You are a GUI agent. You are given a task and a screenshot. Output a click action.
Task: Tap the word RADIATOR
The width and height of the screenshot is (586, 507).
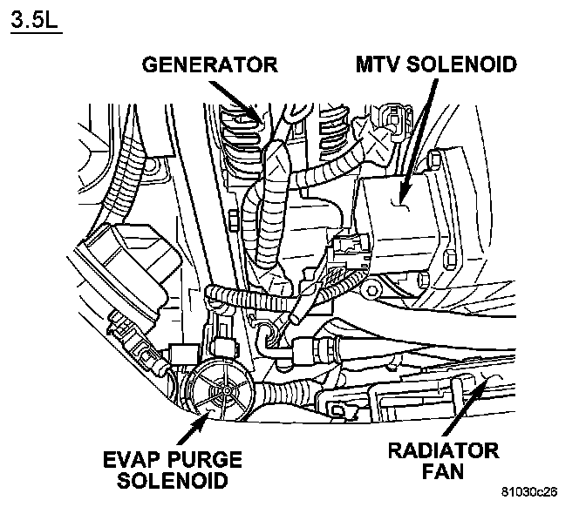(443, 452)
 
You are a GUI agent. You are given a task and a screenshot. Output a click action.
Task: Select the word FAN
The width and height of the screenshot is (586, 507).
(443, 473)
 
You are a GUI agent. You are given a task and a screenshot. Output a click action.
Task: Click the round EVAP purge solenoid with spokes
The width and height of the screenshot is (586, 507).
(219, 391)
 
